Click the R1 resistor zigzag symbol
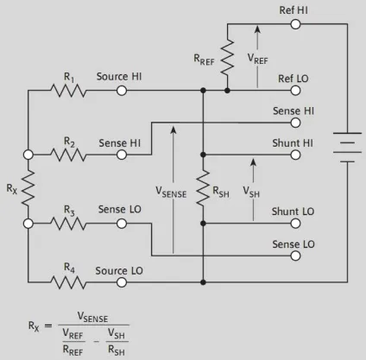click(x=68, y=91)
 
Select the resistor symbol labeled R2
click(x=68, y=155)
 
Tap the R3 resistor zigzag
click(x=68, y=224)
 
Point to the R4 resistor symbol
click(x=68, y=282)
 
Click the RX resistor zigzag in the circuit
click(x=28, y=187)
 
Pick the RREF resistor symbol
click(x=227, y=57)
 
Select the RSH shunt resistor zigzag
click(x=203, y=187)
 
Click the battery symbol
click(x=347, y=148)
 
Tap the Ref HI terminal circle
click(x=295, y=24)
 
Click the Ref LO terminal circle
click(x=295, y=91)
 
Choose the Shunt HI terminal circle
click(x=295, y=155)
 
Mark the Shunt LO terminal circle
click(x=295, y=224)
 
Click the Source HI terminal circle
click(x=122, y=91)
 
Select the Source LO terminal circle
click(x=122, y=282)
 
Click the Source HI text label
click(x=119, y=77)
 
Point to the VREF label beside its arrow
click(x=257, y=59)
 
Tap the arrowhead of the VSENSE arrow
click(x=174, y=130)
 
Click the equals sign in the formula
click(x=48, y=325)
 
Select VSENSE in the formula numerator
click(x=92, y=317)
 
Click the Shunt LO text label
click(x=293, y=212)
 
